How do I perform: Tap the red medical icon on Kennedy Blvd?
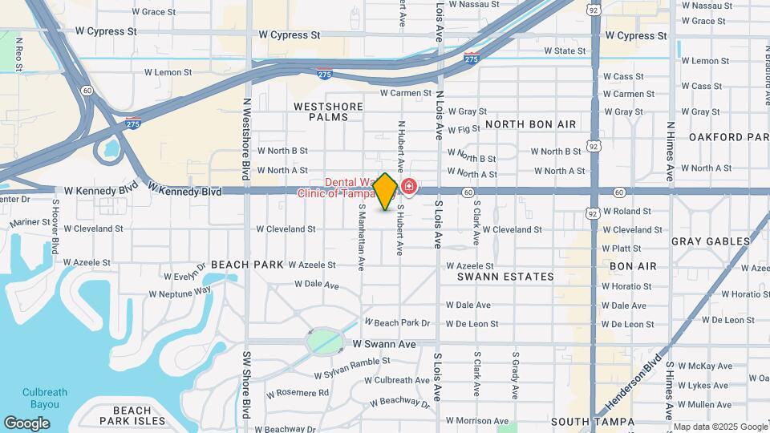tap(409, 188)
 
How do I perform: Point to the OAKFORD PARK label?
tap(728, 137)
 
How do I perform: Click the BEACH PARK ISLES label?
tap(132, 415)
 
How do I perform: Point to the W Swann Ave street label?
tap(385, 344)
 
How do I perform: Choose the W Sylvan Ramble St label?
tap(352, 368)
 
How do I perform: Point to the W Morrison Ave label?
tap(477, 420)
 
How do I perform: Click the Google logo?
tap(27, 423)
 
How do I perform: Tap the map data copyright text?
tap(719, 427)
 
